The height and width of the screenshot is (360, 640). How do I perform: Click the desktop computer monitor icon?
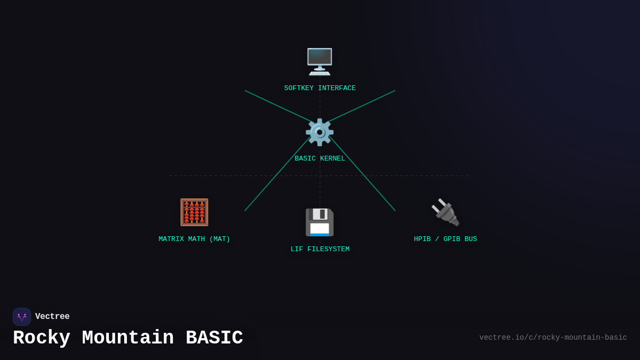(319, 62)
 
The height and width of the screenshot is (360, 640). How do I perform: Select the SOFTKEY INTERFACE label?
(319, 89)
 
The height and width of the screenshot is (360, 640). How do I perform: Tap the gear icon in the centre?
(319, 132)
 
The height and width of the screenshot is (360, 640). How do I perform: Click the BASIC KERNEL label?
(319, 159)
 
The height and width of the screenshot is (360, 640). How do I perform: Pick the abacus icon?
(194, 212)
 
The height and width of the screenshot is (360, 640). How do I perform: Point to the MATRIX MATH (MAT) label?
(194, 239)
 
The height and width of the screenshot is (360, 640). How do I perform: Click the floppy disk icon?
(319, 222)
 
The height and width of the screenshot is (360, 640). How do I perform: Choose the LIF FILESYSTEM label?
(319, 250)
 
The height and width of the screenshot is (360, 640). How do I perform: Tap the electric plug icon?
(445, 212)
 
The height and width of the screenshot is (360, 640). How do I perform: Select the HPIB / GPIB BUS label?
(445, 239)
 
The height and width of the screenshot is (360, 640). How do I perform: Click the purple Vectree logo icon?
(22, 317)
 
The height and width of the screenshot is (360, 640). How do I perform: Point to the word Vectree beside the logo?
(52, 317)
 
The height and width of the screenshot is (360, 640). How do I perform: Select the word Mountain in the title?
(128, 339)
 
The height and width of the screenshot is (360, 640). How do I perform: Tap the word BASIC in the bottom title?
(214, 339)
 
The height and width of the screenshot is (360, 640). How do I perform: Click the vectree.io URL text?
(553, 338)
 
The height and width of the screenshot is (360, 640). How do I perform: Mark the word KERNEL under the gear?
(332, 159)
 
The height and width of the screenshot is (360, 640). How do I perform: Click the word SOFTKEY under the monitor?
(299, 89)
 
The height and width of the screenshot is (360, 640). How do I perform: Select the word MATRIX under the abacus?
(171, 239)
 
